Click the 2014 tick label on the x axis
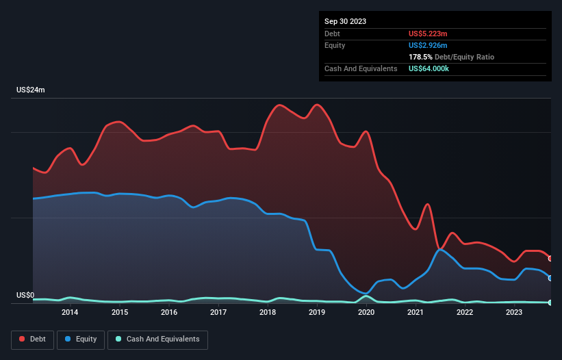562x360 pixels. tap(70, 313)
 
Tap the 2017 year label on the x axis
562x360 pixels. tap(218, 313)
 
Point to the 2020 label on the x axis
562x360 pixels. tap(366, 313)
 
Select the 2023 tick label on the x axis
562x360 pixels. tap(514, 313)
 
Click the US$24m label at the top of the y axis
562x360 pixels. tap(31, 90)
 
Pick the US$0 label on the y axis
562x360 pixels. tap(25, 296)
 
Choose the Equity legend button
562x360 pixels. tap(81, 339)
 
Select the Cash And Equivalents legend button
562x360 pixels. tap(157, 339)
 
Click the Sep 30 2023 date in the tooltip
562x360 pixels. tap(345, 21)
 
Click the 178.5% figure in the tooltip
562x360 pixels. tap(421, 57)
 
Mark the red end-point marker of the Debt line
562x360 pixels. tap(550, 258)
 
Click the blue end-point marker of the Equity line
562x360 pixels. tap(550, 278)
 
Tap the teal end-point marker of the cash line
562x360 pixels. tap(550, 303)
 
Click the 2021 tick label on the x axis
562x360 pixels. tap(416, 313)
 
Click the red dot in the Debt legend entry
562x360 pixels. tap(21, 339)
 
